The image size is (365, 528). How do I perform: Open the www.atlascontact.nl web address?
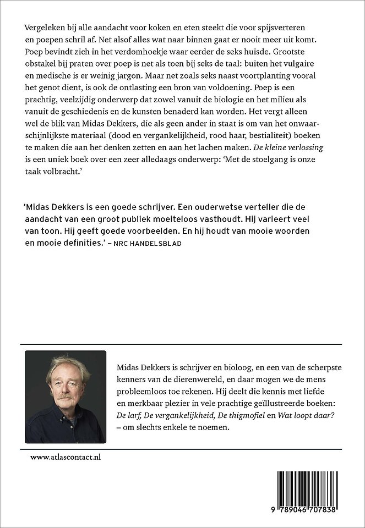[x=61, y=457]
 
